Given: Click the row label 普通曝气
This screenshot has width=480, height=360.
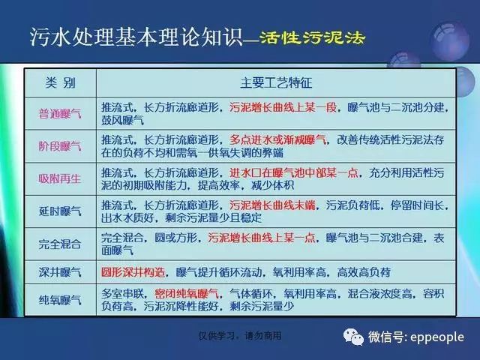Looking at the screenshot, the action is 60,114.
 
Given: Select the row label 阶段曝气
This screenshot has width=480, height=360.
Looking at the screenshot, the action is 60,146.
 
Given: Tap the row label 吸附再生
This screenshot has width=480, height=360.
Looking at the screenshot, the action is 60,178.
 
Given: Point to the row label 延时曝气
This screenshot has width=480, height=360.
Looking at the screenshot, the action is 60,211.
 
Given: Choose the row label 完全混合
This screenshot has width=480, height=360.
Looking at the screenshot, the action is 60,244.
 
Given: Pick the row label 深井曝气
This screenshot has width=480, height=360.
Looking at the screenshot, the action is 60,271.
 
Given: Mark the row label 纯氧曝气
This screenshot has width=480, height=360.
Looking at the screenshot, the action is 60,300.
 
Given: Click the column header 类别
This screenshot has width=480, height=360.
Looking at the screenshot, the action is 60,82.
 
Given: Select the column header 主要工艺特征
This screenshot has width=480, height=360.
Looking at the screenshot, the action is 276,82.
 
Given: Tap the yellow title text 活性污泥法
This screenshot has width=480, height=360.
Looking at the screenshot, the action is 313,37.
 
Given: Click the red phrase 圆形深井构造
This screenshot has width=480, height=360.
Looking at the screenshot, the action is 133,271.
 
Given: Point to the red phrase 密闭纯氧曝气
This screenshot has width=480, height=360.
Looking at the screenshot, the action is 187,294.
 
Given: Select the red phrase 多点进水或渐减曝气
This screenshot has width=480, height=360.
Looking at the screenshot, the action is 277,140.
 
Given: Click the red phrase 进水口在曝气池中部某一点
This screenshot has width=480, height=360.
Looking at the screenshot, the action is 294,172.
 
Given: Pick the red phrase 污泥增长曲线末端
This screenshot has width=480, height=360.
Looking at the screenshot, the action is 272,205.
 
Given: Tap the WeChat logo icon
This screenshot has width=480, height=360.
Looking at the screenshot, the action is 353,337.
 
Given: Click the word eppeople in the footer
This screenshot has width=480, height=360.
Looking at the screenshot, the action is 437,337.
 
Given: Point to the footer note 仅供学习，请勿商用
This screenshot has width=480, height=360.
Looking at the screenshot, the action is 240,336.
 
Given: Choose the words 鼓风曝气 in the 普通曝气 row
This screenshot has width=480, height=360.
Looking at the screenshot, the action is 122,120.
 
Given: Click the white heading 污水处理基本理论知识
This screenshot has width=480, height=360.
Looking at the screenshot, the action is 136,37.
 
